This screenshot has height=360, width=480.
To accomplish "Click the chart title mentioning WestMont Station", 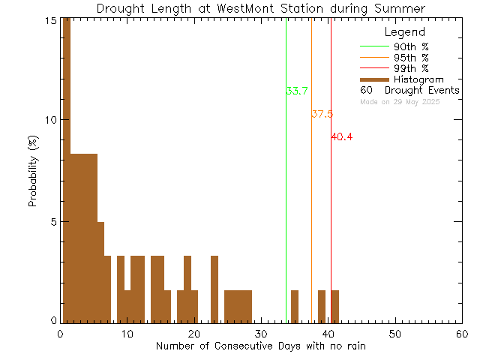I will (x=260, y=8).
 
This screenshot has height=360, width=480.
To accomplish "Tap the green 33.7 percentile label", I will (x=297, y=91).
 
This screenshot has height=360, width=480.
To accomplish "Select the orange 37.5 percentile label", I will (x=322, y=115).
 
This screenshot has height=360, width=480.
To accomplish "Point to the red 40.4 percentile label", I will (x=341, y=137).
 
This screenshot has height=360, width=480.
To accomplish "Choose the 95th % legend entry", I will (x=412, y=58).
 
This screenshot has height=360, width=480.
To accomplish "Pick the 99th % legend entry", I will (x=412, y=68).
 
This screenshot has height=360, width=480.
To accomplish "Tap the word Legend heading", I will (x=404, y=32).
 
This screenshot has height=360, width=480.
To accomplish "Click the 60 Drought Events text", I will (x=409, y=91).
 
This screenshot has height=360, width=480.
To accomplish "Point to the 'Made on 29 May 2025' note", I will (x=400, y=101).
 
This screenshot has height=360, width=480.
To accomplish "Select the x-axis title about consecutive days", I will (x=261, y=346).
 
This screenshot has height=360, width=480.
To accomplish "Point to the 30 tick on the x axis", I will (x=261, y=334).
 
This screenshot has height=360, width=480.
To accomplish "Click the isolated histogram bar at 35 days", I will (x=295, y=306).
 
